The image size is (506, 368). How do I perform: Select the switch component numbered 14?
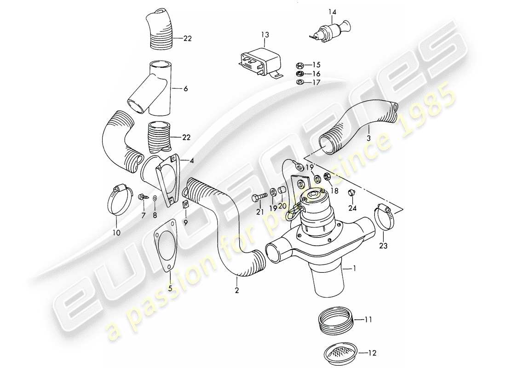pyautogui.click(x=328, y=31)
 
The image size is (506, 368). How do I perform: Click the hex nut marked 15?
pyautogui.click(x=299, y=65)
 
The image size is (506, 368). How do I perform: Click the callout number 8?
pyautogui.click(x=155, y=214)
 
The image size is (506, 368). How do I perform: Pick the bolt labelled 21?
pyautogui.click(x=258, y=199)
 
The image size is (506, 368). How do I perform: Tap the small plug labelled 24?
pyautogui.click(x=351, y=192)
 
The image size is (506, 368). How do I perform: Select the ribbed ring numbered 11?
pyautogui.click(x=335, y=318)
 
